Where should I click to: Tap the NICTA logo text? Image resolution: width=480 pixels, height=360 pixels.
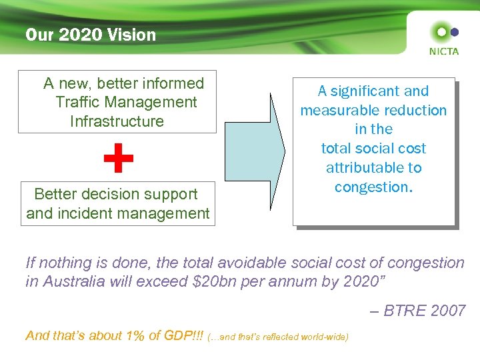(x=443, y=51)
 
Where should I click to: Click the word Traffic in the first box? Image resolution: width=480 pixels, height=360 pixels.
(x=80, y=102)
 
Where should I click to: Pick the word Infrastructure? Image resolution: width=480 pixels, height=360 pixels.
(x=117, y=121)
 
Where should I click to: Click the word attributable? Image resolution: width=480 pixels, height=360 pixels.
(x=373, y=167)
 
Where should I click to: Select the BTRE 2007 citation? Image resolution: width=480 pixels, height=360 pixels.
(x=425, y=311)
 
